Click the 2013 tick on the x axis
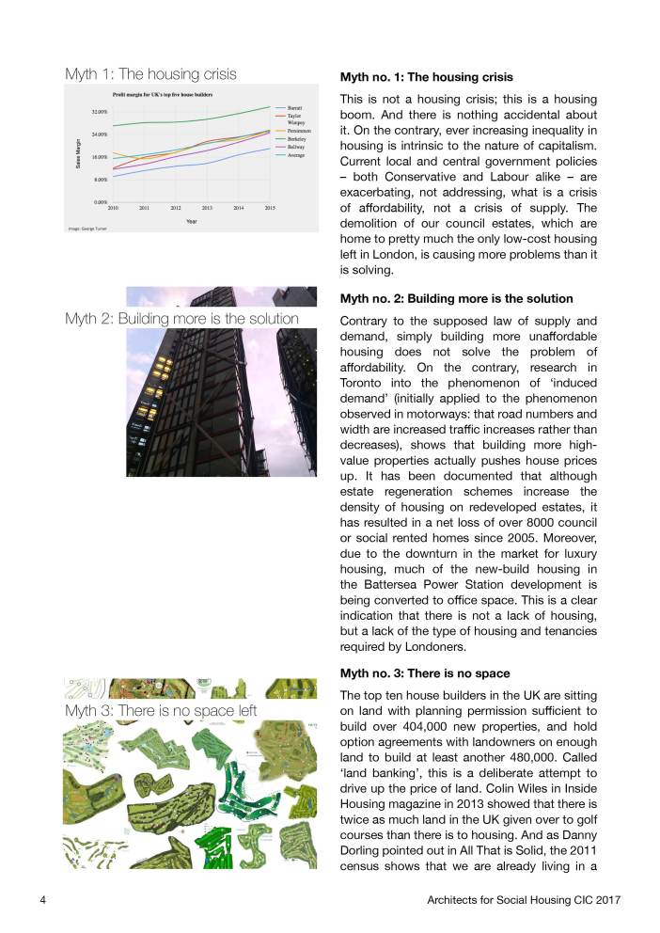[x=207, y=207]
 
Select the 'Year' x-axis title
[x=191, y=221]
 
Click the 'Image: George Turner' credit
[x=87, y=229]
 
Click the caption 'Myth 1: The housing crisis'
[x=150, y=73]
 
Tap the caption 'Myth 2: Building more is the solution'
[x=181, y=319]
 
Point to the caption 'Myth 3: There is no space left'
[x=161, y=710]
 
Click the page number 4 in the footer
[x=43, y=900]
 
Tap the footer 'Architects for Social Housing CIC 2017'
[x=523, y=900]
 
